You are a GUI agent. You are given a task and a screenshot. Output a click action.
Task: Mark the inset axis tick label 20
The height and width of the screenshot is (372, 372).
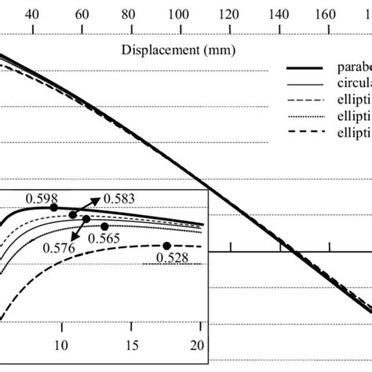(x=198, y=346)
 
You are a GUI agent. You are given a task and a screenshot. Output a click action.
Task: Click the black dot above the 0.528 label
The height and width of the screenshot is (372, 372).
(x=166, y=246)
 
